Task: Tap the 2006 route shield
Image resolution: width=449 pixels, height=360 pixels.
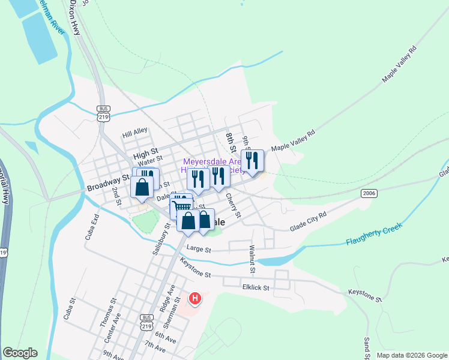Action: coord(369,193)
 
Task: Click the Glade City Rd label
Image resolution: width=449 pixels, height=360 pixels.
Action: coord(308,221)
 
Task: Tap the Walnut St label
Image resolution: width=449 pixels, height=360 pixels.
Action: coord(252,256)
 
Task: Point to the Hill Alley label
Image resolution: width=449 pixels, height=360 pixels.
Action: coord(134,131)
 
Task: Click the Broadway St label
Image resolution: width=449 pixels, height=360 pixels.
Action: coord(108,183)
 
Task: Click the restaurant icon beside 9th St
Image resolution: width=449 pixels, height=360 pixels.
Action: coord(252,161)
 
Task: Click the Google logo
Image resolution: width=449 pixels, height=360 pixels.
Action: coord(20,353)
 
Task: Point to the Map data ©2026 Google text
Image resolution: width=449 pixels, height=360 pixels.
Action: coord(411,355)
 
